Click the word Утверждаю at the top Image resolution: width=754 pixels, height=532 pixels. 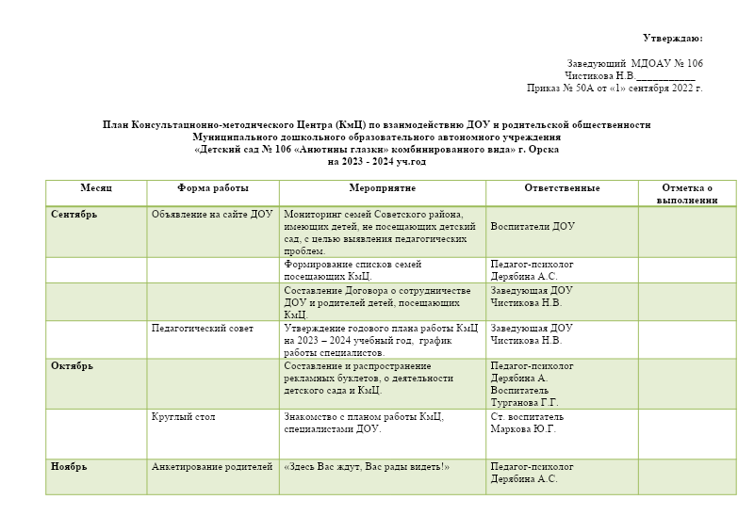click(x=672, y=38)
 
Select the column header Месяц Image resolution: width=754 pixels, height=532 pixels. click(x=95, y=188)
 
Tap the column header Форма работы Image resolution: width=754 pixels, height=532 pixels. click(x=213, y=188)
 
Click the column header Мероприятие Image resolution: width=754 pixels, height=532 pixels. click(x=383, y=188)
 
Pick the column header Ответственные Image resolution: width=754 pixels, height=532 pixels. click(x=562, y=188)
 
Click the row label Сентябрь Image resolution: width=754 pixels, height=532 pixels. click(x=74, y=214)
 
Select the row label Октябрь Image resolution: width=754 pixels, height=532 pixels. click(x=72, y=365)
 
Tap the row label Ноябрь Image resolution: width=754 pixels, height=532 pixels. click(x=69, y=466)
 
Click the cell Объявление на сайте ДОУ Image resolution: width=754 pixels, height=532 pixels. click(x=212, y=214)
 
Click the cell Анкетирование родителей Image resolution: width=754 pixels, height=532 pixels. click(x=212, y=466)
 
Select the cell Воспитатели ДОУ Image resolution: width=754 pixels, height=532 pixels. click(x=533, y=226)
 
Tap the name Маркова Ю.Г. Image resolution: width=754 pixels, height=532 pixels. click(x=523, y=428)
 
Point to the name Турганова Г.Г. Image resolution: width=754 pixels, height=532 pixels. click(x=524, y=402)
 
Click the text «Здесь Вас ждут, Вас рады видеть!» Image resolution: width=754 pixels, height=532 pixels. click(x=367, y=466)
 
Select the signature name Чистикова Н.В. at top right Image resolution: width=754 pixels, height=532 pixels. click(x=599, y=75)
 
